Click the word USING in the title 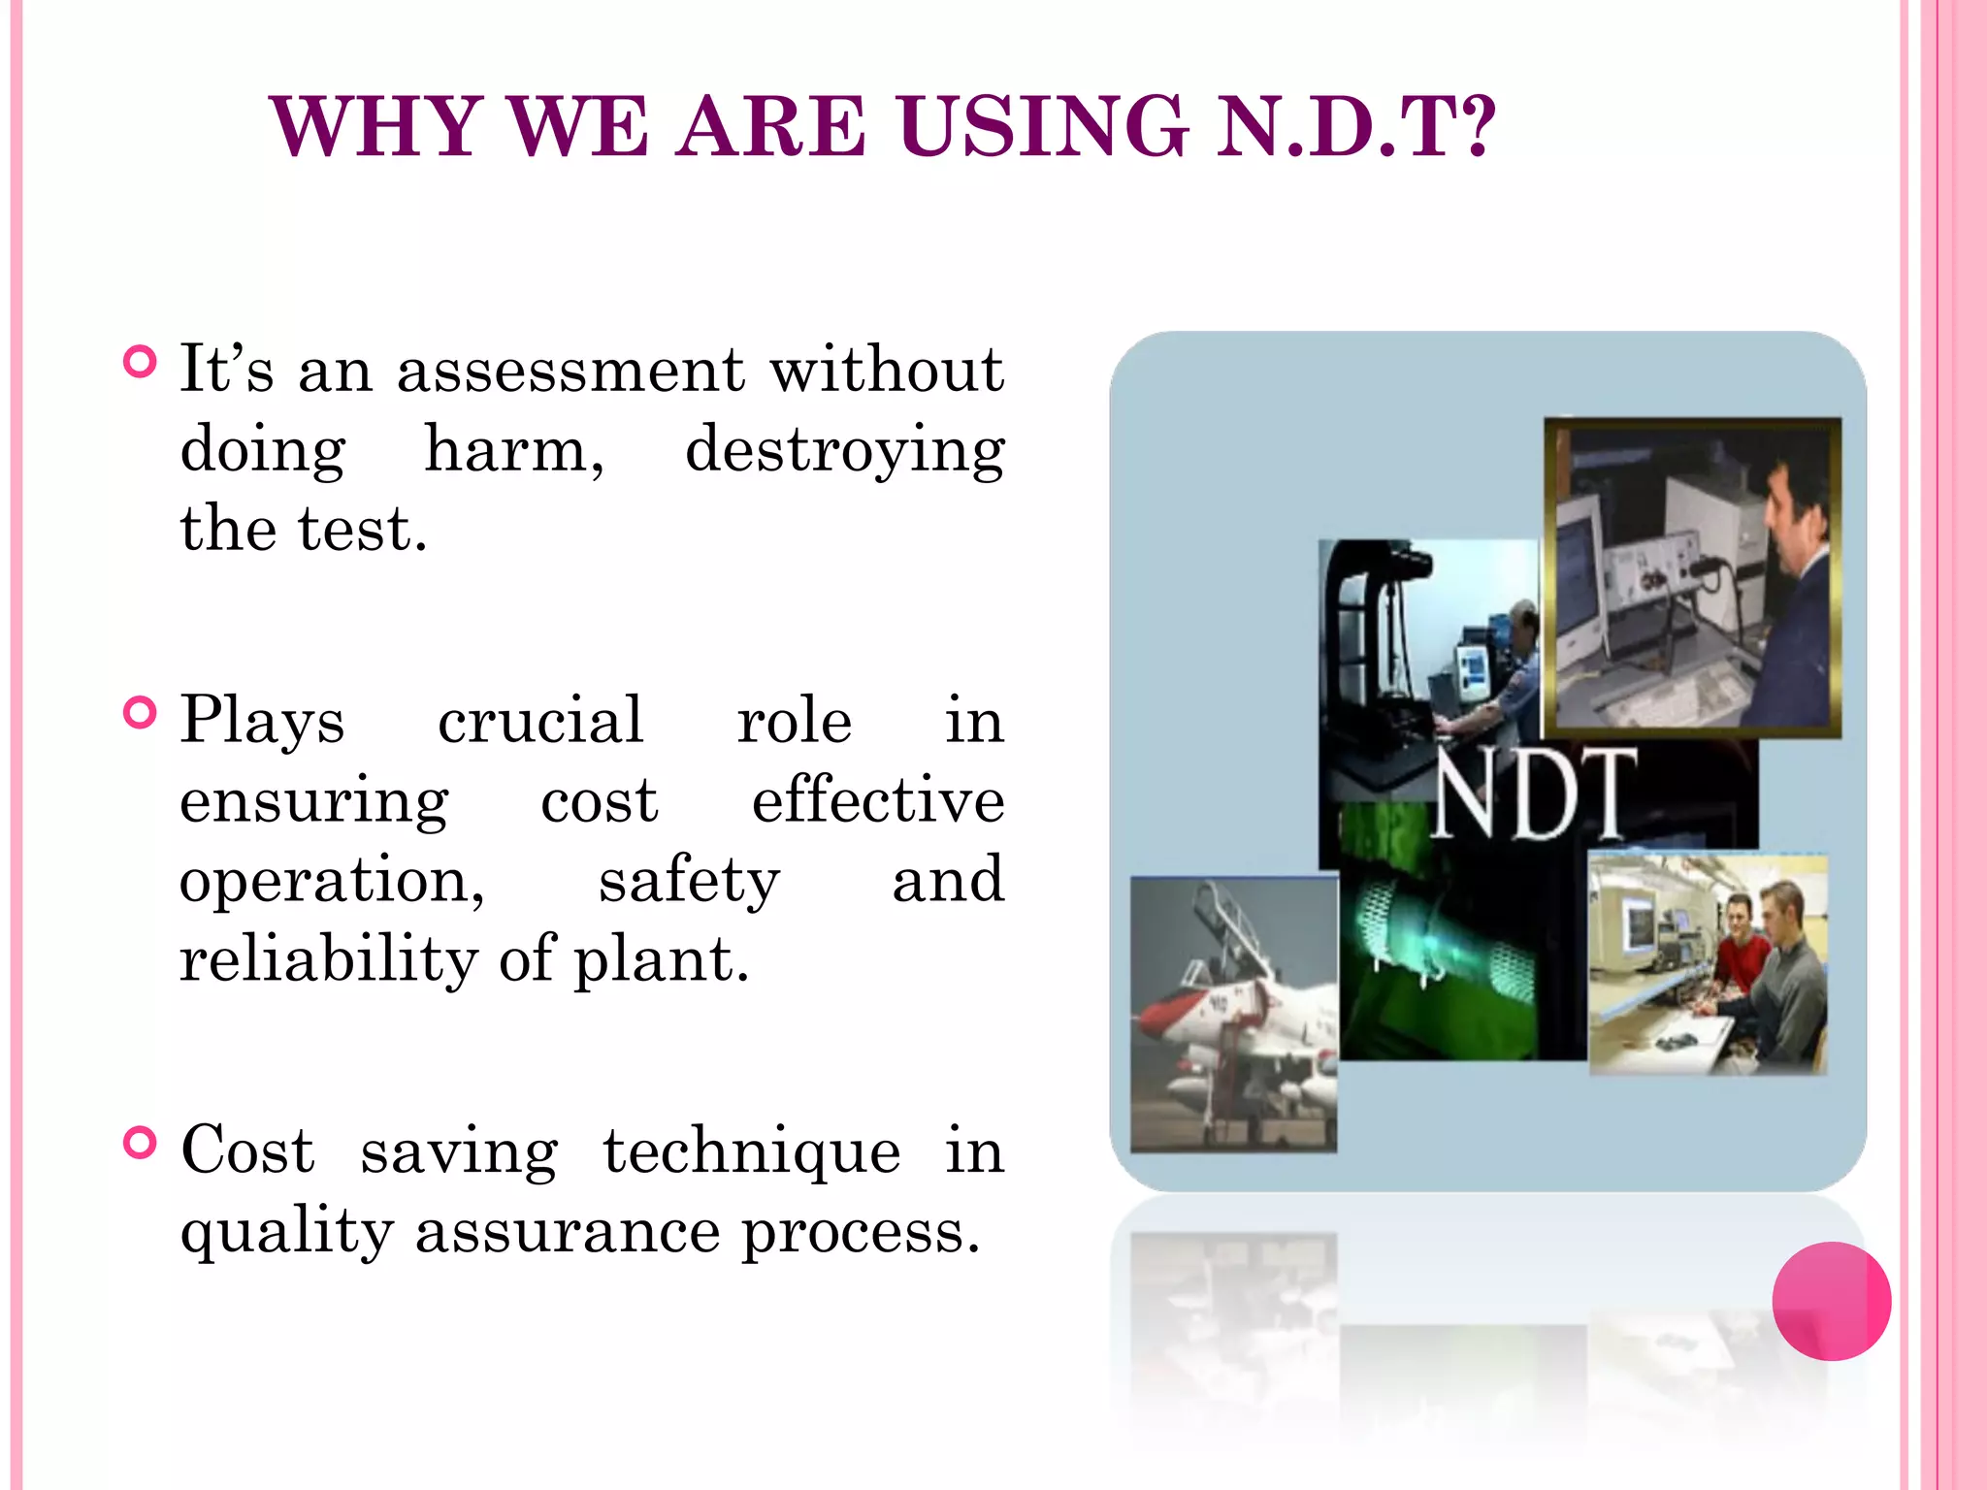tap(1043, 126)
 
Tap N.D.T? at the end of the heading tap(1355, 126)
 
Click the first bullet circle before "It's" tap(141, 363)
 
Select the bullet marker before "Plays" tap(141, 713)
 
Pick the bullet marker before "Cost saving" tap(141, 1144)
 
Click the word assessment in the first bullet tap(570, 371)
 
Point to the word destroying tap(844, 451)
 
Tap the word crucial tap(539, 721)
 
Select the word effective tap(877, 801)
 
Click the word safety tap(688, 881)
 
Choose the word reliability tap(328, 960)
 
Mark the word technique tap(751, 1152)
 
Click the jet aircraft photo tap(1234, 1014)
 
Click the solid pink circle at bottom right tap(1831, 1301)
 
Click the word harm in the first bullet tap(514, 451)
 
